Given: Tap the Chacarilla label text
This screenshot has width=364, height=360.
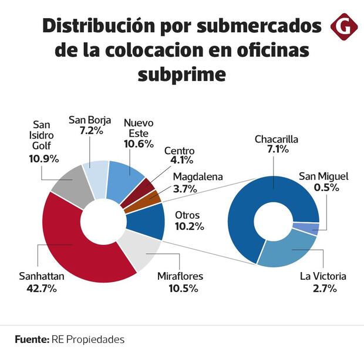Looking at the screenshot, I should click(x=277, y=140).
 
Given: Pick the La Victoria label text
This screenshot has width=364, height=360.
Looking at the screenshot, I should click(x=323, y=276).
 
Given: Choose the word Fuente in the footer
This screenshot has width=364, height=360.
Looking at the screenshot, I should click(x=31, y=339).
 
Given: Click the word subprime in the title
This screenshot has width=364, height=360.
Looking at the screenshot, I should click(x=181, y=74).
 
